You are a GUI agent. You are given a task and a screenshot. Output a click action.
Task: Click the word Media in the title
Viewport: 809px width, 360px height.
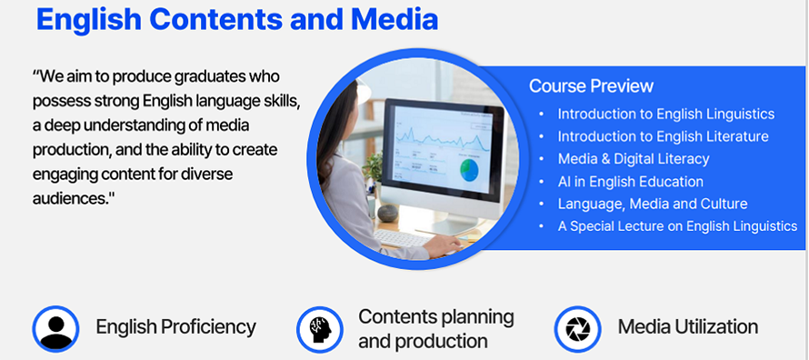pyautogui.click(x=395, y=19)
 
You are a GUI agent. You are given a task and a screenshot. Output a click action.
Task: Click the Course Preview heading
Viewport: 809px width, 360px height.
pyautogui.click(x=591, y=85)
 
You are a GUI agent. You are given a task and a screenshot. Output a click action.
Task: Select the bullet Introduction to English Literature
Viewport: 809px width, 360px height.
pyautogui.click(x=663, y=136)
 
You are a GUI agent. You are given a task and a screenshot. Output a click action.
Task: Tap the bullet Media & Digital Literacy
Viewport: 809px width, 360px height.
pyautogui.click(x=634, y=159)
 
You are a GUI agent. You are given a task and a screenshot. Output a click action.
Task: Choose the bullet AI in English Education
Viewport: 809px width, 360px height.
pyautogui.click(x=631, y=182)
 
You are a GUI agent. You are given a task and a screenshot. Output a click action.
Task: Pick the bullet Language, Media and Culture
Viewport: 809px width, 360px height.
pyautogui.click(x=652, y=204)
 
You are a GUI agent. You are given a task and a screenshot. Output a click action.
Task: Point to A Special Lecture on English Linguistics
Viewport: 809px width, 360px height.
pyautogui.click(x=677, y=225)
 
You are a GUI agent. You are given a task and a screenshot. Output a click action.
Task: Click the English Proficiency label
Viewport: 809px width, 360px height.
pyautogui.click(x=176, y=327)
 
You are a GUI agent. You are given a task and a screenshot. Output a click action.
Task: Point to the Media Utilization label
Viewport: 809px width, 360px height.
pyautogui.click(x=688, y=327)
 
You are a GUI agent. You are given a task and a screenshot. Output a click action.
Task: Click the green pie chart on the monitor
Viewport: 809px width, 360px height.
pyautogui.click(x=469, y=170)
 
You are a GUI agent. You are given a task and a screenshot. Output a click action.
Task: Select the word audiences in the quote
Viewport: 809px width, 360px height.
pyautogui.click(x=70, y=198)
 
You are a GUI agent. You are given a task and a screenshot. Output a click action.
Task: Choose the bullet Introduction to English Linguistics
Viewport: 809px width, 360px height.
pyautogui.click(x=666, y=114)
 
